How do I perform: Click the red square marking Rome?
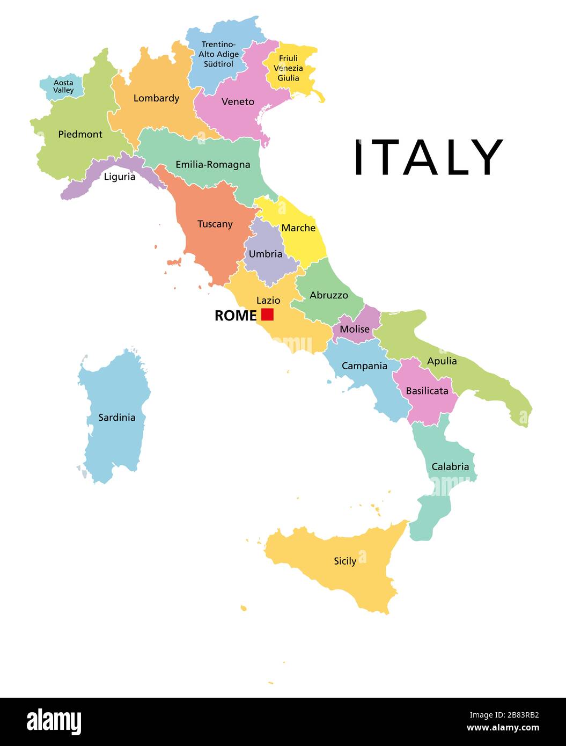pyautogui.click(x=267, y=315)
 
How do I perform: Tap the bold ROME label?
pyautogui.click(x=236, y=316)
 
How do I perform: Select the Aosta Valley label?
pyautogui.click(x=63, y=86)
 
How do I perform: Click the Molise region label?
pyautogui.click(x=355, y=329)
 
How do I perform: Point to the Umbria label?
pyautogui.click(x=266, y=254)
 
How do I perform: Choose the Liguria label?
pyautogui.click(x=120, y=177)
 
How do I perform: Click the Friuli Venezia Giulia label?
pyautogui.click(x=288, y=68)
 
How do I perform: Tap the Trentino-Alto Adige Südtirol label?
pyautogui.click(x=218, y=54)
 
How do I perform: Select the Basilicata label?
pyautogui.click(x=427, y=391)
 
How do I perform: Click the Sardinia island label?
pyautogui.click(x=117, y=417)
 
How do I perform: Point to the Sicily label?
pyautogui.click(x=345, y=561)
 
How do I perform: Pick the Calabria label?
pyautogui.click(x=450, y=466)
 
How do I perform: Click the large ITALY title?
pyautogui.click(x=428, y=157)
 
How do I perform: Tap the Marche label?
pyautogui.click(x=298, y=228)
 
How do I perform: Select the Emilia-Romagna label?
pyautogui.click(x=213, y=164)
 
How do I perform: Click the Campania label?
pyautogui.click(x=364, y=365)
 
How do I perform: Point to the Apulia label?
pyautogui.click(x=442, y=361)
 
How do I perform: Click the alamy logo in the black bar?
pyautogui.click(x=54, y=721)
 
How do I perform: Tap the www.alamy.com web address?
pyautogui.click(x=503, y=728)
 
